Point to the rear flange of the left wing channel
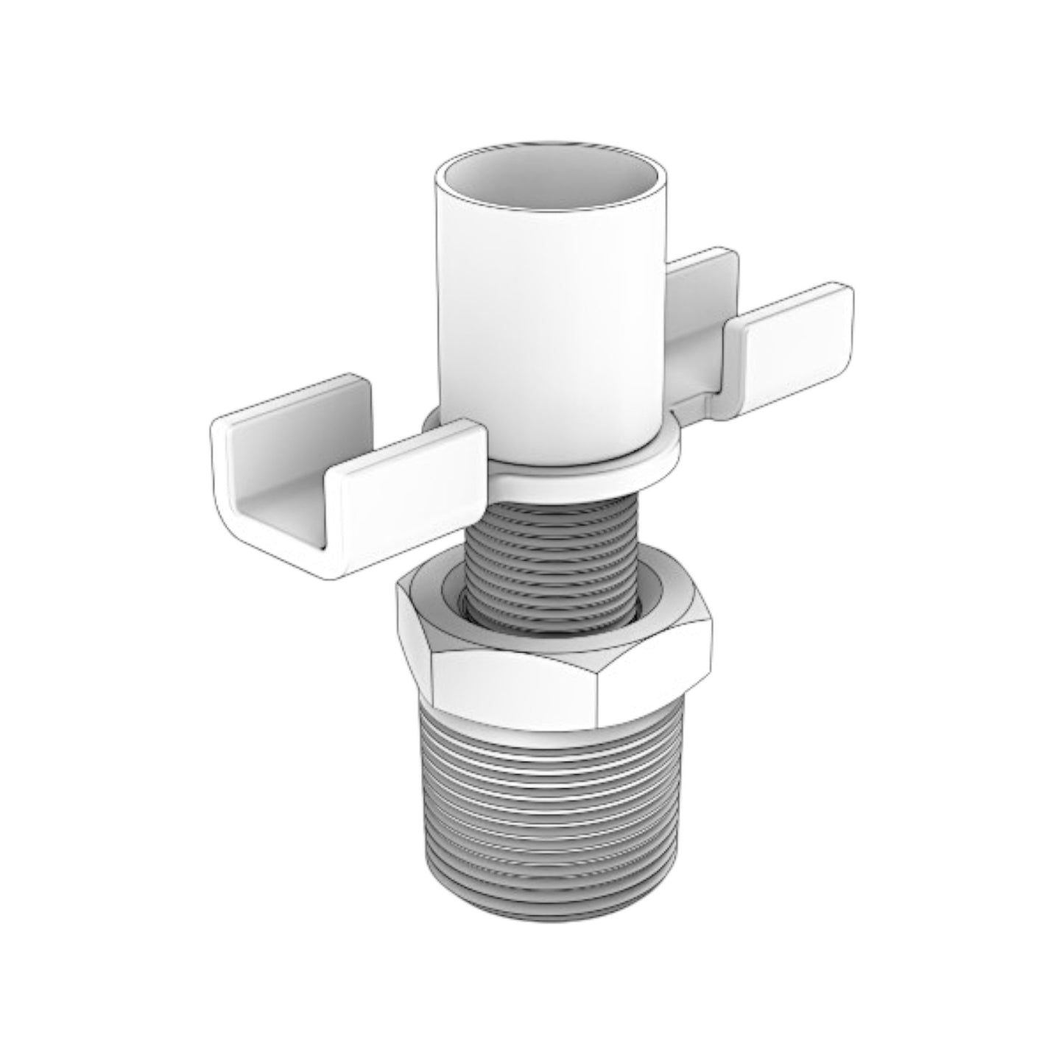coord(295,412)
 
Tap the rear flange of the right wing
coord(700,295)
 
